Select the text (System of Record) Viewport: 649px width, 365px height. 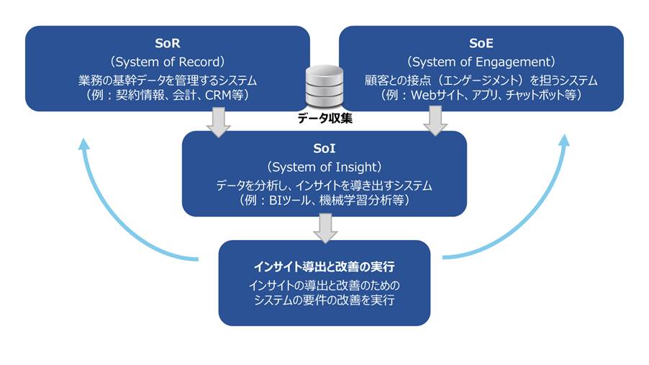click(167, 61)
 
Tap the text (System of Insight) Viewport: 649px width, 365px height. click(324, 167)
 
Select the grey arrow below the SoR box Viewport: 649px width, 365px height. click(218, 121)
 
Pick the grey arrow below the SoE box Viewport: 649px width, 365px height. click(435, 121)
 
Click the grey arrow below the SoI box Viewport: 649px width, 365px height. click(325, 228)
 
